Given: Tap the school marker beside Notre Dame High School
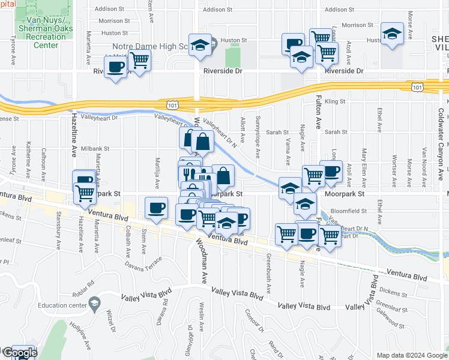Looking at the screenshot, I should [x=200, y=44].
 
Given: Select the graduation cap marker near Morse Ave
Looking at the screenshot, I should [x=392, y=35].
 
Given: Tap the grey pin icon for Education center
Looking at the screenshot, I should [x=94, y=304].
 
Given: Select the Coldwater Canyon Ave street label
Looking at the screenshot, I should [x=440, y=138].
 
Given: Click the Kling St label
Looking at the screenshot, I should [x=331, y=102].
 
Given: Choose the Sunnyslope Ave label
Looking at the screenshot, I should [x=258, y=136].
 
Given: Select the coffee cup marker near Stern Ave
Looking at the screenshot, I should [x=156, y=209].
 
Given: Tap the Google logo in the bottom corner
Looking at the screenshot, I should [x=19, y=352].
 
